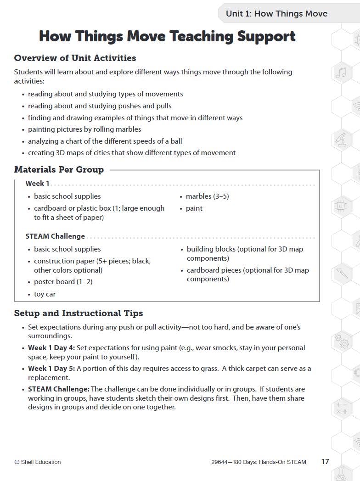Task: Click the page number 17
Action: [325, 461]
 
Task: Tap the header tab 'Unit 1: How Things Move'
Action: [276, 13]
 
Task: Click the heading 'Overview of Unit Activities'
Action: [75, 58]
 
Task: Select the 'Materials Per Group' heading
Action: [59, 169]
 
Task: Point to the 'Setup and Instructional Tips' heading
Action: [79, 313]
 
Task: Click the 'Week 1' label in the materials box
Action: [37, 183]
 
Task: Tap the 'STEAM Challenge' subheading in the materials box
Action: [55, 236]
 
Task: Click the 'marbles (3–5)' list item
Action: [207, 196]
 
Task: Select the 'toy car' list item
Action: [45, 294]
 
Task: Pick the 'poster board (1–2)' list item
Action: [63, 282]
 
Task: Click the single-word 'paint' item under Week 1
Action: [194, 208]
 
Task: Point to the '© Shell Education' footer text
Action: [38, 462]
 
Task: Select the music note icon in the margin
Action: [340, 72]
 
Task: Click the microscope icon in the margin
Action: [340, 139]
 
